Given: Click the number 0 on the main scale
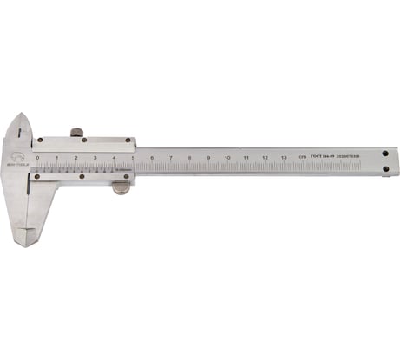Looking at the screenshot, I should click(37, 158).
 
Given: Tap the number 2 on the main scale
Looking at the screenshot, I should click(75, 158).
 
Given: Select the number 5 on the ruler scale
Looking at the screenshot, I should click(133, 158).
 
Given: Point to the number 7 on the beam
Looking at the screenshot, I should click(171, 158).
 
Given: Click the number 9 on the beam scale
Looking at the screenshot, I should click(208, 158).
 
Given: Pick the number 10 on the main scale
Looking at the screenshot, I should click(227, 158).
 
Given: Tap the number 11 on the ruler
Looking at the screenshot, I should click(246, 158).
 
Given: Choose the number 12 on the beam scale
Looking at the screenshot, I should click(266, 158).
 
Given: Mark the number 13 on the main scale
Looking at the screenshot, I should click(285, 158).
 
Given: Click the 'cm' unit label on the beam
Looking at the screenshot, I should click(301, 157).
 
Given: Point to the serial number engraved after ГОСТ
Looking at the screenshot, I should click(346, 156).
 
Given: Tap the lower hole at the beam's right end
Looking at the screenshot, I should click(385, 169).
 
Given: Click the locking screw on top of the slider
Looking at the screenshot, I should click(76, 132).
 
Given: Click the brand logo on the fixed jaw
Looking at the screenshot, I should click(18, 157).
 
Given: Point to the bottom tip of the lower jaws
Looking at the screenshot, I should click(27, 242).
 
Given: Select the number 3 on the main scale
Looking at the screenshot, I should click(95, 158).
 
